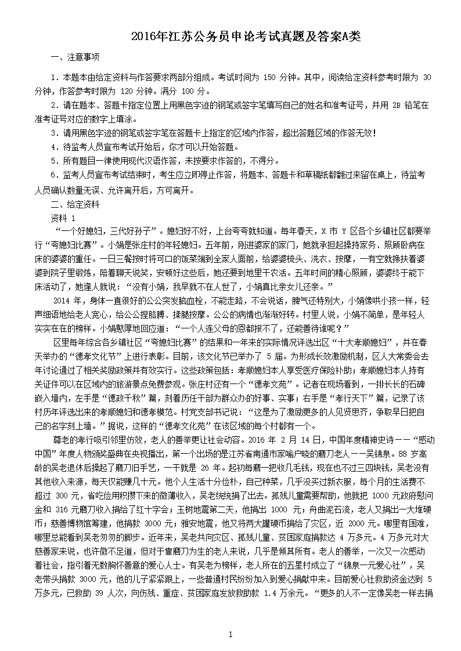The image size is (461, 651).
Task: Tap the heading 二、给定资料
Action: (75, 204)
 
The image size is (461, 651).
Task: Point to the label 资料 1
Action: (64, 217)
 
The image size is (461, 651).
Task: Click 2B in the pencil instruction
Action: (397, 105)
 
